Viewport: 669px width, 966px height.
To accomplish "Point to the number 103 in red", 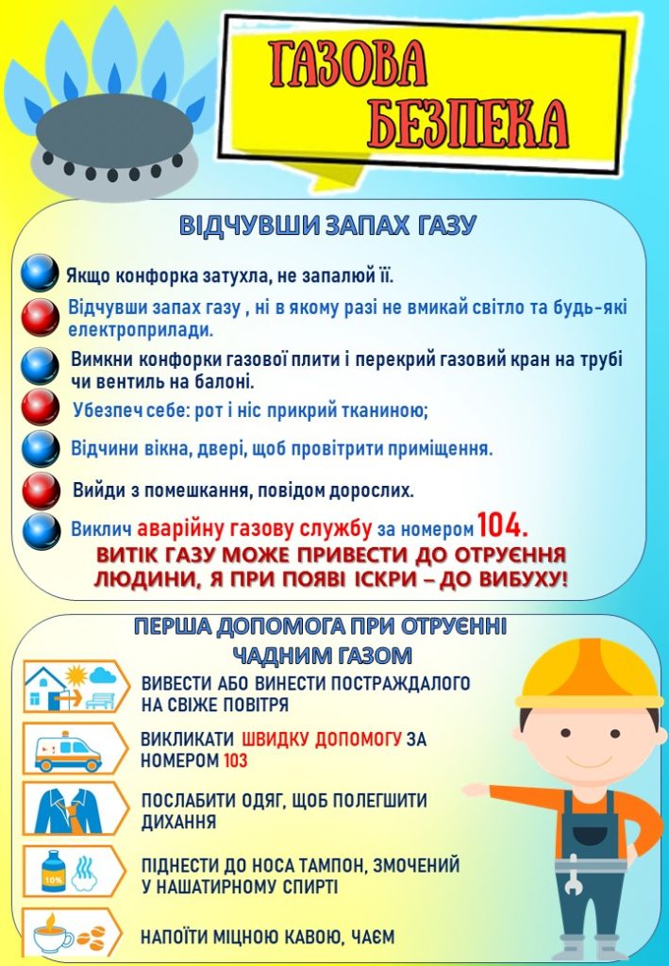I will [x=235, y=760].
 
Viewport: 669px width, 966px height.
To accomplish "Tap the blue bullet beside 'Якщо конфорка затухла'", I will [x=41, y=273].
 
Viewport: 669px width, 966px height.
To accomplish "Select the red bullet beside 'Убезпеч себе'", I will [x=41, y=407].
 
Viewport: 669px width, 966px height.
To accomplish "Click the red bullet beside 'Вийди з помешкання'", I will [x=41, y=490].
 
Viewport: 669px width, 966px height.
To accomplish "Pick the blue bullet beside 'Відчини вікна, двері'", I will [x=41, y=447].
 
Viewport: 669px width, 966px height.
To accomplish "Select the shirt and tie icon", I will [x=69, y=808].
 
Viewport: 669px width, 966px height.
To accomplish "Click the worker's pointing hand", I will [x=476, y=790].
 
